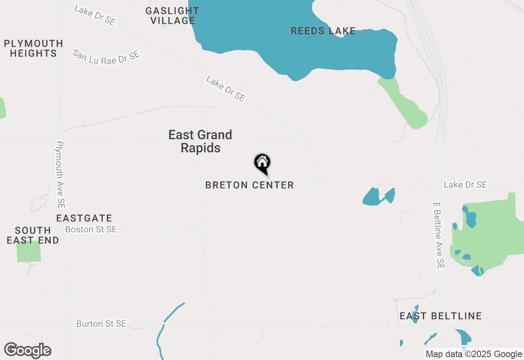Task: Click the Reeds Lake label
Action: click(323, 31)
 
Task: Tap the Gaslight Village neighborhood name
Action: click(172, 16)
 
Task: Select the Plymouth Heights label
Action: click(34, 48)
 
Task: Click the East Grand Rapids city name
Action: click(200, 141)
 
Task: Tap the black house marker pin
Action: click(262, 163)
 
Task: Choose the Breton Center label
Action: click(249, 185)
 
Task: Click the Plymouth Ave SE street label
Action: click(61, 175)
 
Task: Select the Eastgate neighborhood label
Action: click(84, 218)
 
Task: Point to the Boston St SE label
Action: click(91, 229)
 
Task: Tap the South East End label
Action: click(33, 235)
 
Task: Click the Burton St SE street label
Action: click(101, 324)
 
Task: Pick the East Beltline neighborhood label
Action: click(440, 316)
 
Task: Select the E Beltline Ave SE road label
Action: click(438, 236)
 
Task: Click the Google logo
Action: click(27, 351)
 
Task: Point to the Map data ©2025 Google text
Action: click(474, 354)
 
